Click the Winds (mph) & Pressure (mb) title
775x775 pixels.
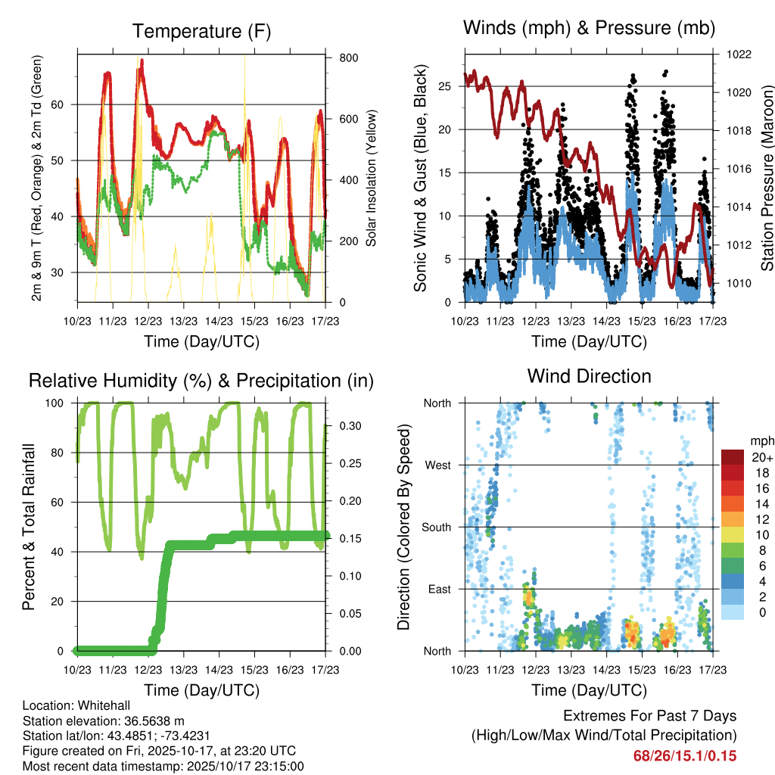point(589,28)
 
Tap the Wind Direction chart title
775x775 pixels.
point(589,376)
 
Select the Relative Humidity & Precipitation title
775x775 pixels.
point(201,381)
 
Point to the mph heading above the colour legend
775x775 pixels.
point(760,440)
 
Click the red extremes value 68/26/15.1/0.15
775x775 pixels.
point(684,756)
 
